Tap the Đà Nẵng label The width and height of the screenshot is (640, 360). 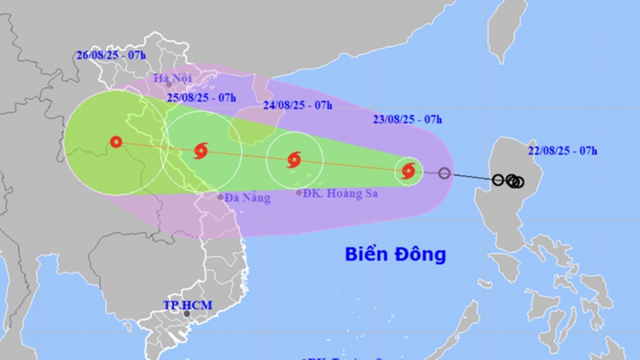pyautogui.click(x=247, y=198)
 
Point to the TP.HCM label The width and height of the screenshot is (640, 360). pyautogui.click(x=187, y=305)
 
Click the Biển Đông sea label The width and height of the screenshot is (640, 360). pyautogui.click(x=395, y=255)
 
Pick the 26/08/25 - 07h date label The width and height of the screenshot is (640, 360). pyautogui.click(x=111, y=55)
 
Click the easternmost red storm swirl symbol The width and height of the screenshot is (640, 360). pyautogui.click(x=408, y=171)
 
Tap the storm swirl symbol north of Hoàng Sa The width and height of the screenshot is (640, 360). pyautogui.click(x=294, y=159)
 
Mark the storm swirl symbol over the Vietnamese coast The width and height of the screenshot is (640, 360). pyautogui.click(x=201, y=151)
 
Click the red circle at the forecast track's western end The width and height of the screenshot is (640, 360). pyautogui.click(x=116, y=142)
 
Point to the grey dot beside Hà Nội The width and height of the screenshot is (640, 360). pyautogui.click(x=169, y=84)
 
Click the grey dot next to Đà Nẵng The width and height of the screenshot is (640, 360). pyautogui.click(x=220, y=196)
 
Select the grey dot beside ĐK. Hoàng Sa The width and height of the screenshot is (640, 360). pyautogui.click(x=298, y=193)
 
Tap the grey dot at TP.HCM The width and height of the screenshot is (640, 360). pyautogui.click(x=187, y=314)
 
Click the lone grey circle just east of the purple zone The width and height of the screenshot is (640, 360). pyautogui.click(x=444, y=173)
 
